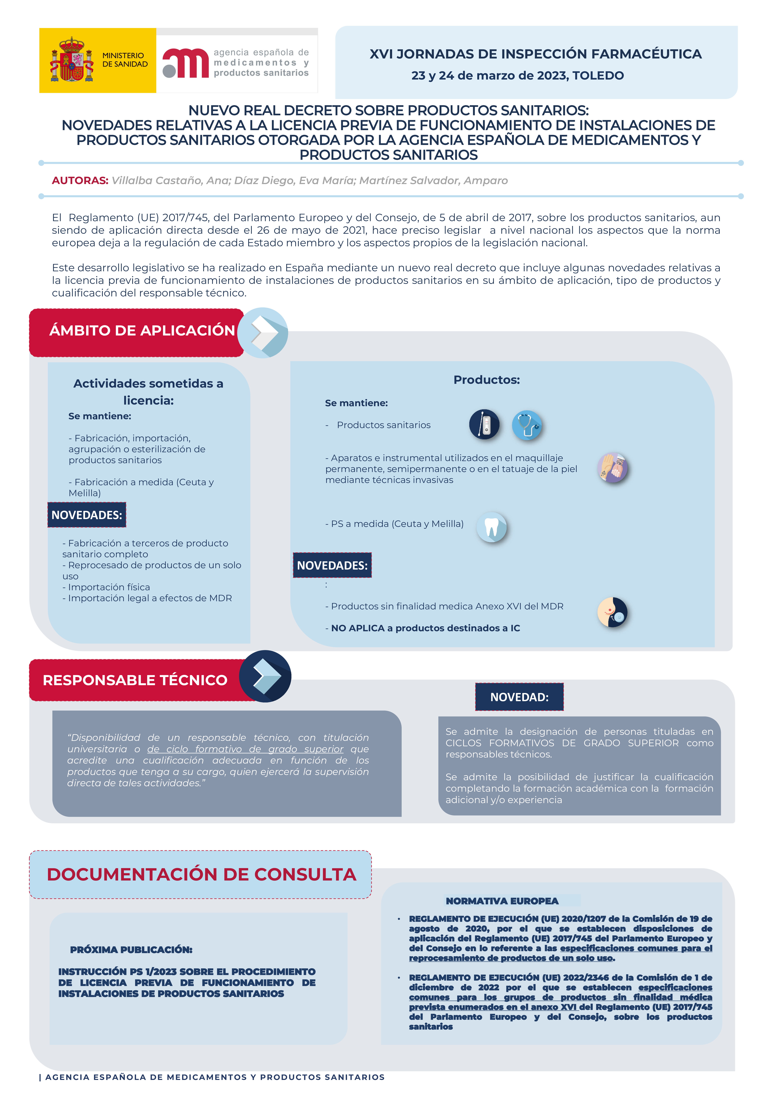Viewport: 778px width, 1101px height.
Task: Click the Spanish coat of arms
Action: click(x=72, y=60)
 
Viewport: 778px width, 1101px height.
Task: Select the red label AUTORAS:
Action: click(x=80, y=181)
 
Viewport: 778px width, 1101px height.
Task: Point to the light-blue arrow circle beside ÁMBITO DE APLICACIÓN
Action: click(x=263, y=333)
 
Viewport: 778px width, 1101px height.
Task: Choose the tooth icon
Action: click(x=491, y=527)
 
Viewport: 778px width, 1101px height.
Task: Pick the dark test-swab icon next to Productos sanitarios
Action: click(x=484, y=424)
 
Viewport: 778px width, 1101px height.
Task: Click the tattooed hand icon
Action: click(x=613, y=468)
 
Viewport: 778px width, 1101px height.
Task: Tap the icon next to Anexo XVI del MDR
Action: click(x=612, y=612)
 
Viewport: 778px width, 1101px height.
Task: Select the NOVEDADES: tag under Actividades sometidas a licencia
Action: click(x=87, y=515)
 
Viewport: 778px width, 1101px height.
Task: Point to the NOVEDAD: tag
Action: click(x=519, y=697)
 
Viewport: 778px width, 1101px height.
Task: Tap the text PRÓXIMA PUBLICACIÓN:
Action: click(x=131, y=949)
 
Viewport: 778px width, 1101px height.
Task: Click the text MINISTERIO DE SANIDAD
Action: click(x=125, y=60)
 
